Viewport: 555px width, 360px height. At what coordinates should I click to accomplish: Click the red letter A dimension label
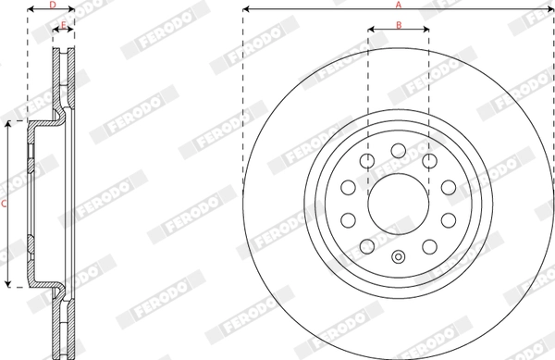point(399,5)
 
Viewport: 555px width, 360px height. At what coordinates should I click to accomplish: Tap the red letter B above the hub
point(399,25)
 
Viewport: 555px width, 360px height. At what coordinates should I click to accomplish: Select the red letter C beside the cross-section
point(5,204)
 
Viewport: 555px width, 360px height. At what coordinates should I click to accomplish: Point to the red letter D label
point(53,5)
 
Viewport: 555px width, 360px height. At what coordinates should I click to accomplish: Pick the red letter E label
point(64,25)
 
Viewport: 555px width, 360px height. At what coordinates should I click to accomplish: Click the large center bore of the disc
point(398,204)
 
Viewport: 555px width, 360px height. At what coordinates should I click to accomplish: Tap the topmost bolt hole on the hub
point(398,151)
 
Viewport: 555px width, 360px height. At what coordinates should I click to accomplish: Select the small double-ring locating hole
point(398,256)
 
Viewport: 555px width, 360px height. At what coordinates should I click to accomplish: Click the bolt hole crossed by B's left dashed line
point(367,161)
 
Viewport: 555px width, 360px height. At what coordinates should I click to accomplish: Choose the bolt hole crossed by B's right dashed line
point(429,161)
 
